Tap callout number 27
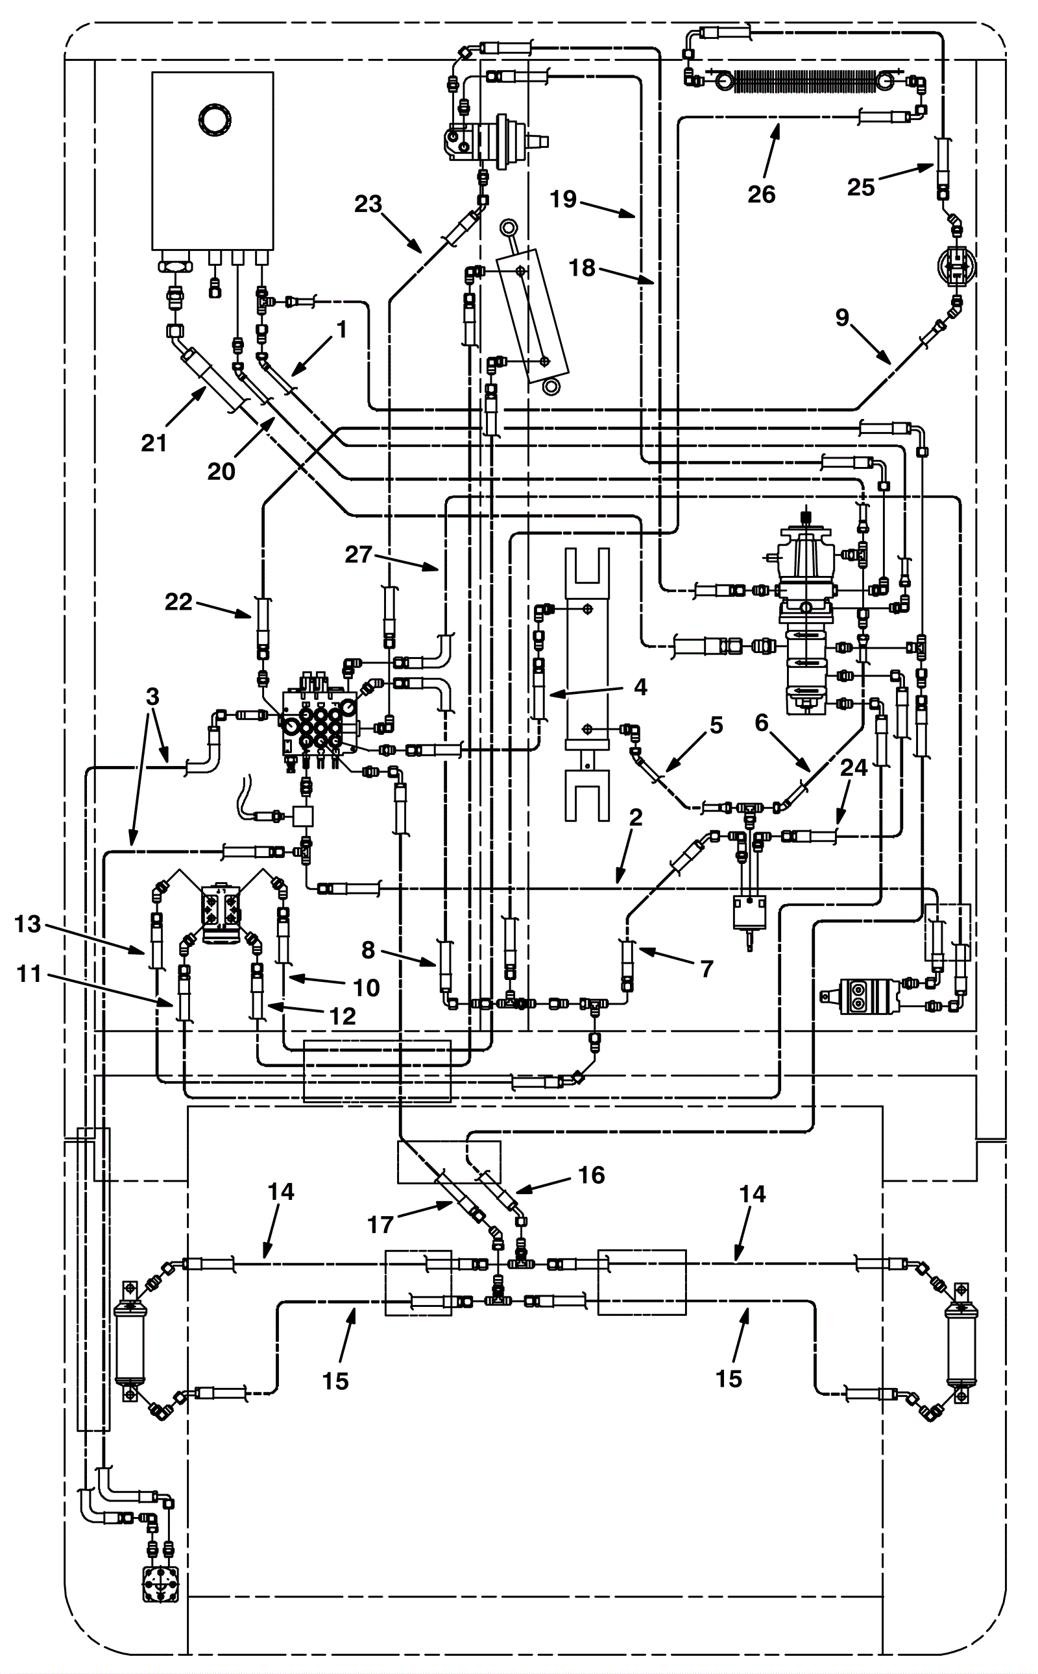click(358, 554)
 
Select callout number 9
click(842, 317)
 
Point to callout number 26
click(762, 194)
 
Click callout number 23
click(368, 204)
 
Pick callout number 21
click(154, 444)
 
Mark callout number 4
click(640, 686)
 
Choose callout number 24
click(854, 767)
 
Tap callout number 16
click(591, 1175)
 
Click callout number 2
click(636, 817)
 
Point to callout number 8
click(368, 950)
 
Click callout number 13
click(28, 924)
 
